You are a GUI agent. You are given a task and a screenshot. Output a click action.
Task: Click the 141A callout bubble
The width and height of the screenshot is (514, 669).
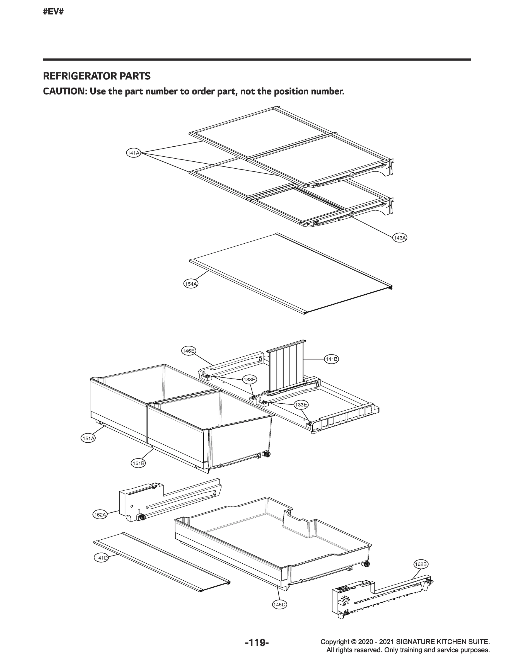[x=133, y=153]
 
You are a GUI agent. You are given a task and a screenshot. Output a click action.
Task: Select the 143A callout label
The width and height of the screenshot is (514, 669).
[x=400, y=238]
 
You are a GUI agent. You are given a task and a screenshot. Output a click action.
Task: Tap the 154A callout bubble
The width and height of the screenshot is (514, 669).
[x=191, y=284]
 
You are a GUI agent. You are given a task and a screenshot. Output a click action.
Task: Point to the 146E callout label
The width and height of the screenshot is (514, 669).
[x=189, y=351]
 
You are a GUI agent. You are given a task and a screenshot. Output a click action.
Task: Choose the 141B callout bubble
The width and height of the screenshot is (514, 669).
[x=331, y=359]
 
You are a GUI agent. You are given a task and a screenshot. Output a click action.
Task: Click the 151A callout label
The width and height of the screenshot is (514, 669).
[x=88, y=438]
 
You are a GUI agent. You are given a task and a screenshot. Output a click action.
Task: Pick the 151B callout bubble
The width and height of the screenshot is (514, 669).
[x=138, y=463]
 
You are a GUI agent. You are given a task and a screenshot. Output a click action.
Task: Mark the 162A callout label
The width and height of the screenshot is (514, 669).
[x=100, y=515]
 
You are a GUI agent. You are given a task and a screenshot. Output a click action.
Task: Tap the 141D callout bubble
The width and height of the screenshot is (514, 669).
[x=102, y=558]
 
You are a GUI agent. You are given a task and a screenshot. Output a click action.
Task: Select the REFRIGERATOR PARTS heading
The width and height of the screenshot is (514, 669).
[x=97, y=76]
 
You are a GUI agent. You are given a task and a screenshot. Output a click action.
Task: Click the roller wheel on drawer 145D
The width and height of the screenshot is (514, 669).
[x=367, y=564]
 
